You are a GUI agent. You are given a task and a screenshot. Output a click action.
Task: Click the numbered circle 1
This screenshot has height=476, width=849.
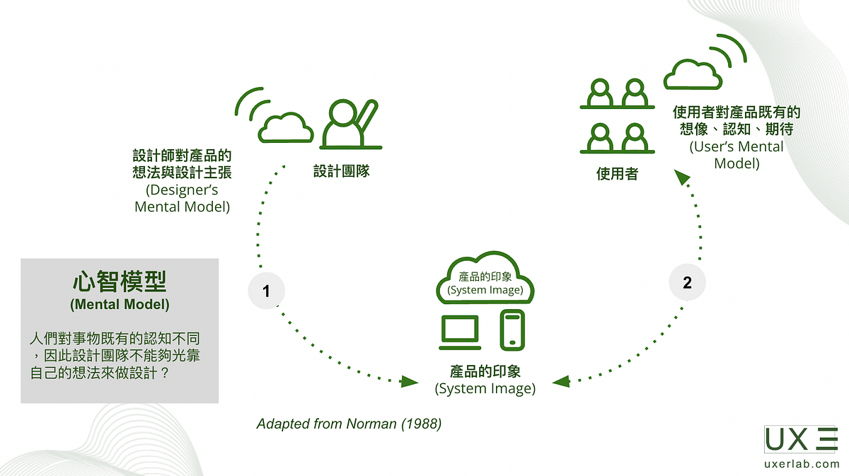(x=266, y=291)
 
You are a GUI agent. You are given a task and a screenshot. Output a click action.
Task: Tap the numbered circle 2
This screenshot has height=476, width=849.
(x=687, y=282)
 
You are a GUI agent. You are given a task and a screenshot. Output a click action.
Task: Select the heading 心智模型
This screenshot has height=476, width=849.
(x=120, y=282)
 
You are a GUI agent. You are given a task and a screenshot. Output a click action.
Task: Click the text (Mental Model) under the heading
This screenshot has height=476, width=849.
(x=120, y=306)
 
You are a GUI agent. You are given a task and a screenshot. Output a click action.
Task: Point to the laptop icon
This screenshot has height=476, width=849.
(x=461, y=331)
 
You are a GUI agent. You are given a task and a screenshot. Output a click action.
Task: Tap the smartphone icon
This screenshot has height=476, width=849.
(x=512, y=330)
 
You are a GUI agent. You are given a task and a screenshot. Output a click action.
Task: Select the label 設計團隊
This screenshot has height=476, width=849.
(x=342, y=171)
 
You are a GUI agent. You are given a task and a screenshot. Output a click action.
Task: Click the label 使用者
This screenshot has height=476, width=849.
(x=617, y=173)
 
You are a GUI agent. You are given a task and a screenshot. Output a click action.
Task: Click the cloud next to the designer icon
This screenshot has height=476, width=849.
(x=286, y=127)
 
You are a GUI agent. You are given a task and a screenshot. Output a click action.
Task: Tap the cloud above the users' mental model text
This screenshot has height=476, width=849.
(x=693, y=74)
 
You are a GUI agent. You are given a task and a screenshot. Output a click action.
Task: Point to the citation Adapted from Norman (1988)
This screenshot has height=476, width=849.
(x=349, y=424)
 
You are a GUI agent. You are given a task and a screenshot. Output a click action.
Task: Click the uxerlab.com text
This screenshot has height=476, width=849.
(x=802, y=464)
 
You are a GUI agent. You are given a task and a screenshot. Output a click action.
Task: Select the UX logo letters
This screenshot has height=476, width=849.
(x=787, y=439)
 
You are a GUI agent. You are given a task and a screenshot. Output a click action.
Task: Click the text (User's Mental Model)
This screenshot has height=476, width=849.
(x=737, y=155)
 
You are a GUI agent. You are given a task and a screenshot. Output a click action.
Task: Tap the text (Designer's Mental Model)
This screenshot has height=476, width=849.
(x=182, y=199)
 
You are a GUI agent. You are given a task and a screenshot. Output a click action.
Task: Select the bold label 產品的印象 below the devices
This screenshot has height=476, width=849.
(x=485, y=372)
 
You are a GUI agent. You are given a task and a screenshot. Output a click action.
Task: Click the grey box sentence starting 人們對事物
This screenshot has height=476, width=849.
(x=115, y=356)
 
